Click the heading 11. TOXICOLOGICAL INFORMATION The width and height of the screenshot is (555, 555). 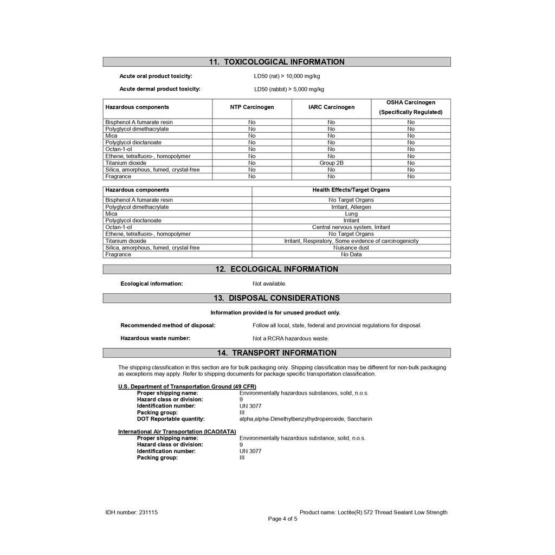(x=276, y=62)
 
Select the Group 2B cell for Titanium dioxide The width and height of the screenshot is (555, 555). (x=331, y=163)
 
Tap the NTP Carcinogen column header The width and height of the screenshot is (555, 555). (x=251, y=107)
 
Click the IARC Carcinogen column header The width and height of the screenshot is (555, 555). (x=331, y=107)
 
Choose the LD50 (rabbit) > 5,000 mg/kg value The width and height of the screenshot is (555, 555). (x=289, y=89)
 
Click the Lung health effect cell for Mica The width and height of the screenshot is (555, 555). (x=351, y=214)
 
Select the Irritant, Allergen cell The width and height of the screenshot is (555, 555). (x=351, y=207)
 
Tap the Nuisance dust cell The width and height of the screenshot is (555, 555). (x=351, y=248)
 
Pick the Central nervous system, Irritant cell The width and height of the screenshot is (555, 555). (x=351, y=227)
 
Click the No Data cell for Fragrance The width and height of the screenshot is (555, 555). (x=351, y=254)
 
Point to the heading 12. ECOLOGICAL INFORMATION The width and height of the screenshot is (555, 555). (x=276, y=269)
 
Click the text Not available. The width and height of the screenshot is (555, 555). (x=269, y=283)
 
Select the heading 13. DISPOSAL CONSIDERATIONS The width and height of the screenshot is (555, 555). (x=276, y=298)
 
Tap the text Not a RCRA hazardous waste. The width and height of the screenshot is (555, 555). (x=291, y=339)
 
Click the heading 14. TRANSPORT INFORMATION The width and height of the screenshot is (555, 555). (x=276, y=353)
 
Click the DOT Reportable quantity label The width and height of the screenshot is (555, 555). (x=171, y=419)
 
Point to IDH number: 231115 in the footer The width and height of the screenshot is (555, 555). (x=132, y=512)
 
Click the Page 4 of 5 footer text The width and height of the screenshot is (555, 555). (x=282, y=519)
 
